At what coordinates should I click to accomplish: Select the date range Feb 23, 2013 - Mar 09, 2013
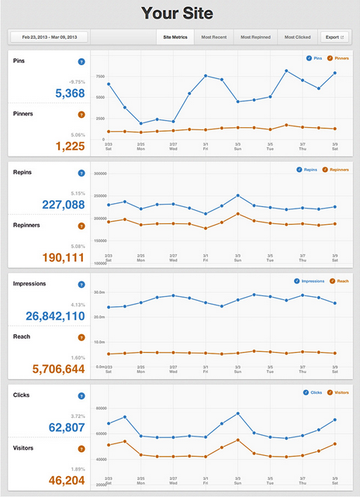tap(48, 36)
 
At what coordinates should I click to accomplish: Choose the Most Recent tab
tap(213, 36)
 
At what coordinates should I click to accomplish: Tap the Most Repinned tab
tap(255, 36)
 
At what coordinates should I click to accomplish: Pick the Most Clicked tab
tap(297, 36)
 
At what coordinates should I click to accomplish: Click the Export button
tap(334, 36)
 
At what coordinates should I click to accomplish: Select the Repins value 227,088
tap(59, 205)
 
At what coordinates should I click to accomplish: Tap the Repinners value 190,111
tap(59, 257)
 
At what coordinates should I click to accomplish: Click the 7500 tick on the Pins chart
tap(100, 77)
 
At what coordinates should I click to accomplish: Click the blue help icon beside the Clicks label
tap(81, 395)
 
